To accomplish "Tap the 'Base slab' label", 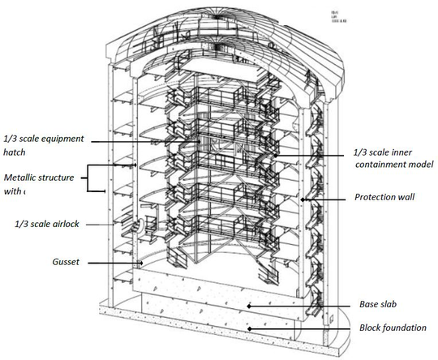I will tap(378, 305).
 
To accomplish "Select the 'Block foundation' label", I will tap(393, 327).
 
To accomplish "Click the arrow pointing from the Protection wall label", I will tap(324, 197).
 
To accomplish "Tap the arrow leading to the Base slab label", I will tap(301, 305).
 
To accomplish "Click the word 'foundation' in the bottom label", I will tap(406, 327).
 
